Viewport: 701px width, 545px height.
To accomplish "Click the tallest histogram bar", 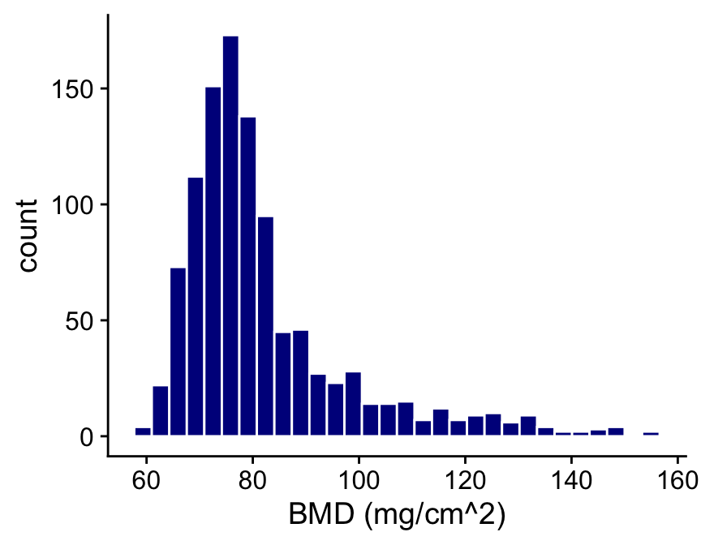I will click(x=230, y=235).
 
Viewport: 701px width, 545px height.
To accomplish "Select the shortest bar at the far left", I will click(x=143, y=431).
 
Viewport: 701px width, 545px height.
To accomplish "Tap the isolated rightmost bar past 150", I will click(x=651, y=434).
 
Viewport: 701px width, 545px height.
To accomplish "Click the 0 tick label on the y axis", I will click(x=87, y=436).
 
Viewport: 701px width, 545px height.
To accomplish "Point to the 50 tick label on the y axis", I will click(x=80, y=320).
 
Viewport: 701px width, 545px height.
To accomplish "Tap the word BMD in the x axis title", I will click(x=320, y=516).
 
